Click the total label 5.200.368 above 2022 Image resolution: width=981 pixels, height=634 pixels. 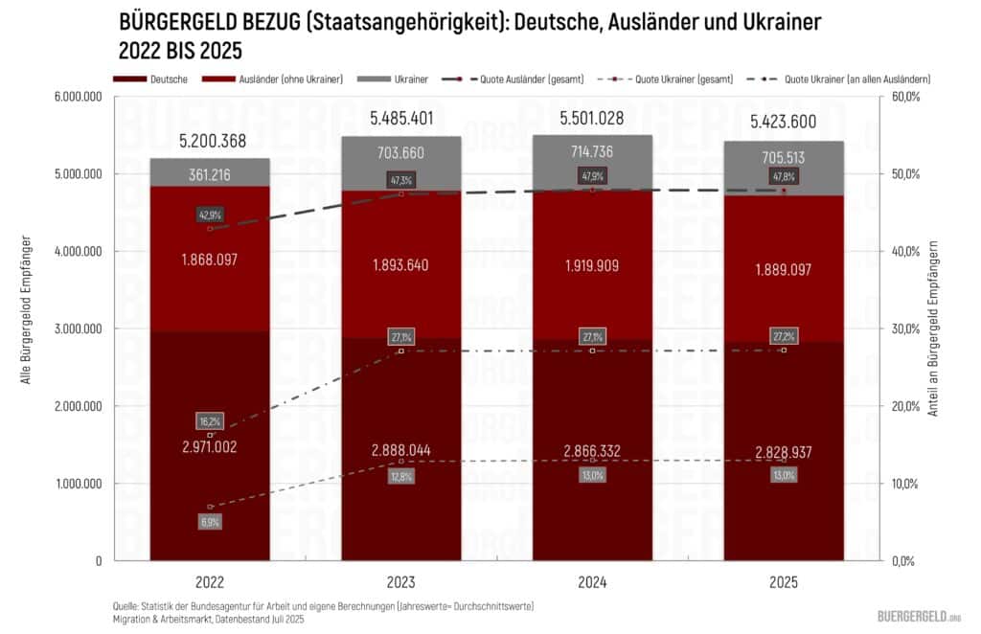(213, 141)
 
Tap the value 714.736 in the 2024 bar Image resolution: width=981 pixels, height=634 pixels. (591, 152)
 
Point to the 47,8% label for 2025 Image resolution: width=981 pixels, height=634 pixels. (784, 177)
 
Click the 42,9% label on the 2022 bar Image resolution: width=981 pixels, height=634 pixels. (210, 215)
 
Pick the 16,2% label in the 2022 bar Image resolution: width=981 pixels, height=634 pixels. (211, 421)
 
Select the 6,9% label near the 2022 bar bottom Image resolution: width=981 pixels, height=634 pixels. (210, 522)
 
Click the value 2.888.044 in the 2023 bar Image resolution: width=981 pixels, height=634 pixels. (401, 450)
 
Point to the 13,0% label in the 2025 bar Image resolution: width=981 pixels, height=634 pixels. (784, 475)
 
